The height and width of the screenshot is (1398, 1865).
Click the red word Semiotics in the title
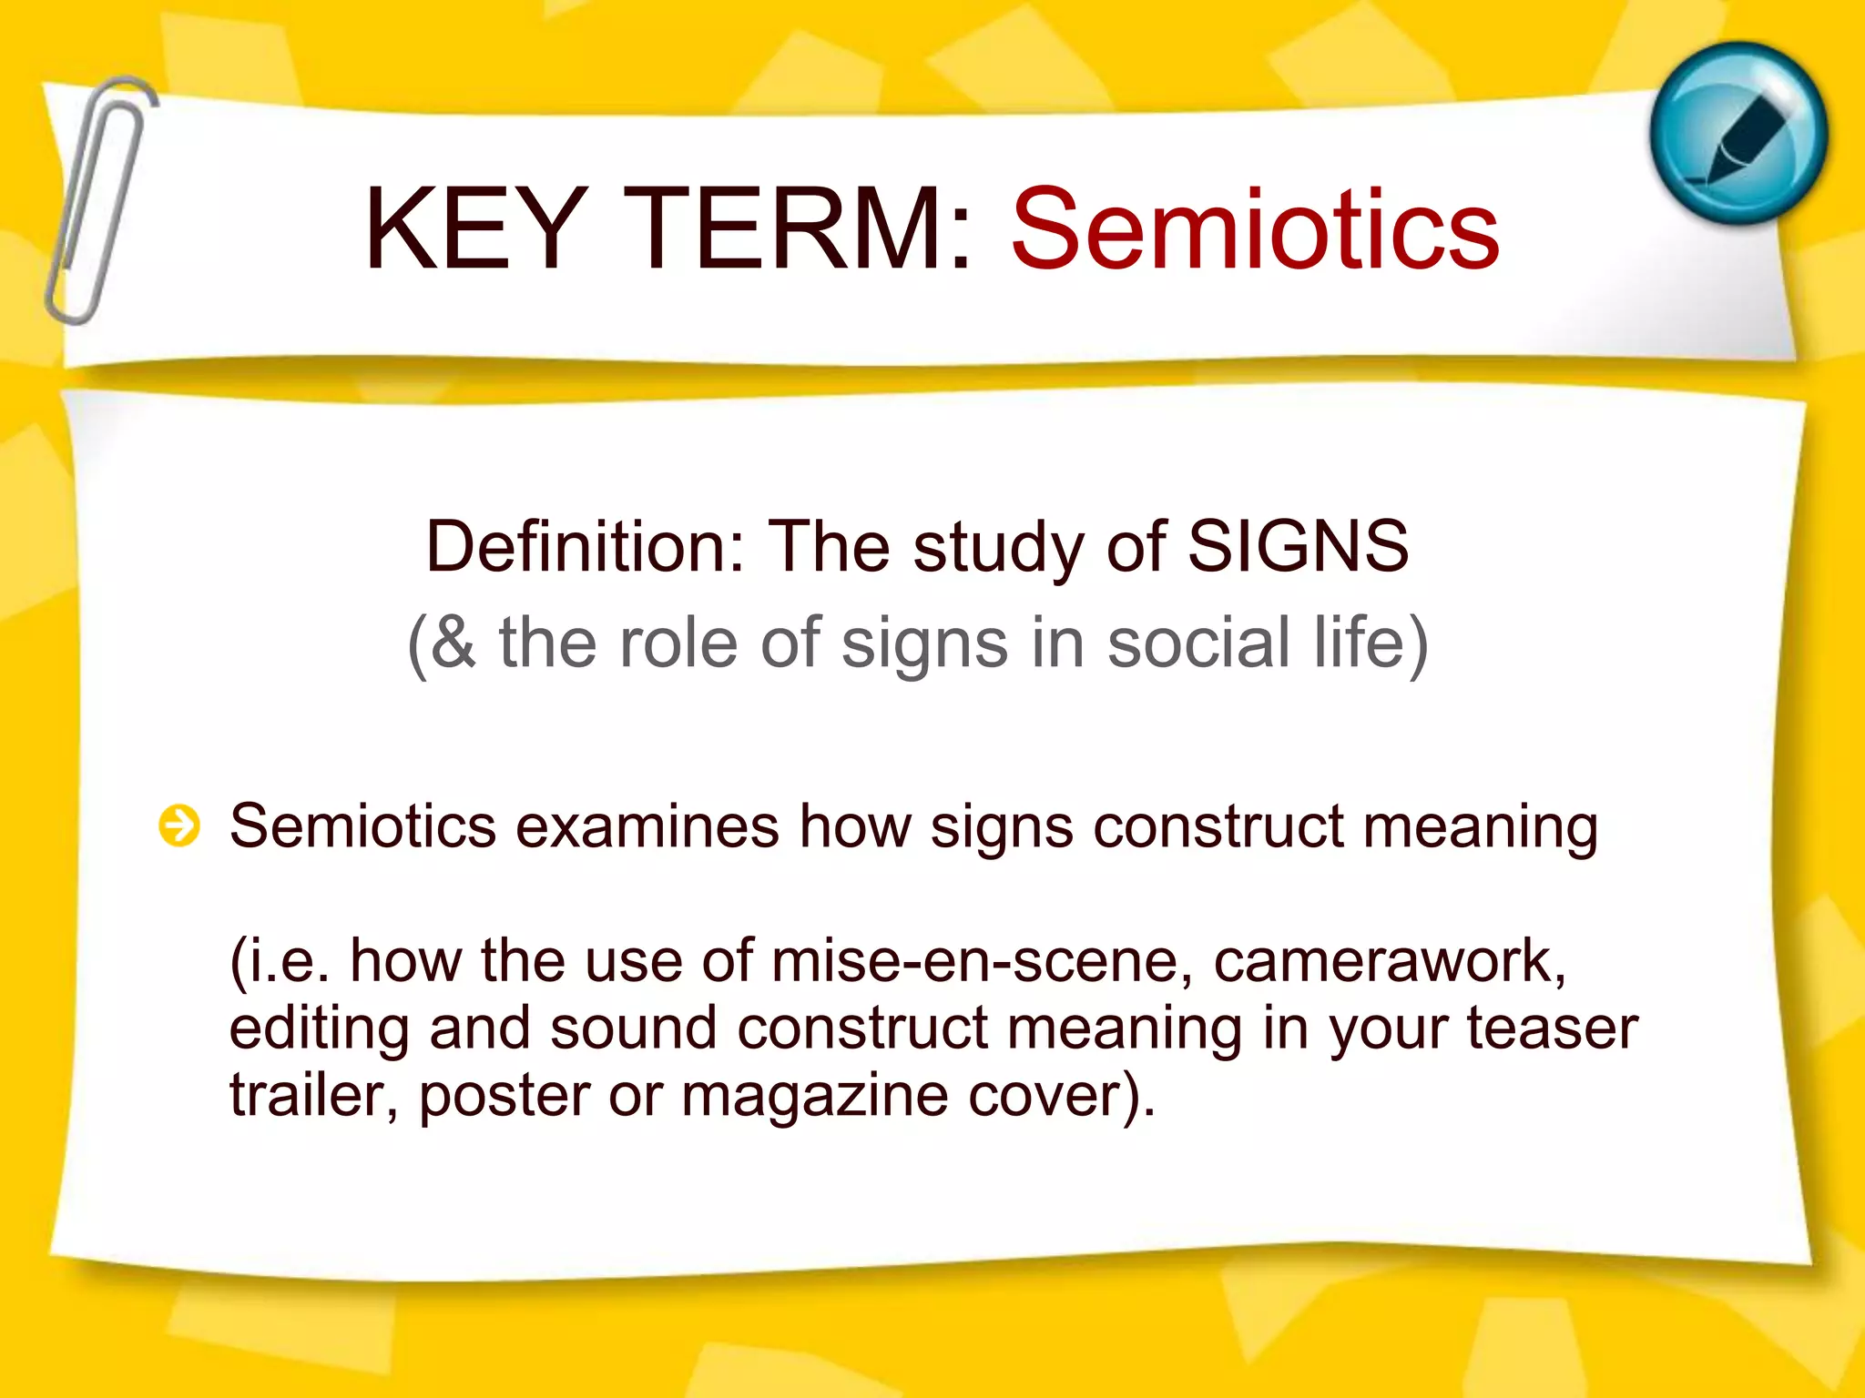pyautogui.click(x=1255, y=229)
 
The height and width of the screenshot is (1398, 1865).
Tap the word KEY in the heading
pyautogui.click(x=474, y=229)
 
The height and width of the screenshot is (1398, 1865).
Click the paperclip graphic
pyautogui.click(x=98, y=200)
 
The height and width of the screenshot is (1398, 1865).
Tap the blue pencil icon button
pyautogui.click(x=1738, y=135)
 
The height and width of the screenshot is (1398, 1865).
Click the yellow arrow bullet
pyautogui.click(x=179, y=826)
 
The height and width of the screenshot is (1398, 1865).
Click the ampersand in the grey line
pyautogui.click(x=453, y=643)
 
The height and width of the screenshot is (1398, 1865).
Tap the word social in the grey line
pyautogui.click(x=1198, y=643)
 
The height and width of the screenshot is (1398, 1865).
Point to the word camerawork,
pyautogui.click(x=1390, y=961)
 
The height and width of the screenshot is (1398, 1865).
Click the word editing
pyautogui.click(x=319, y=1028)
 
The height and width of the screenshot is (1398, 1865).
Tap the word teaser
pyautogui.click(x=1552, y=1028)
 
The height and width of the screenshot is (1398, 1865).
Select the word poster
pyautogui.click(x=504, y=1096)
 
